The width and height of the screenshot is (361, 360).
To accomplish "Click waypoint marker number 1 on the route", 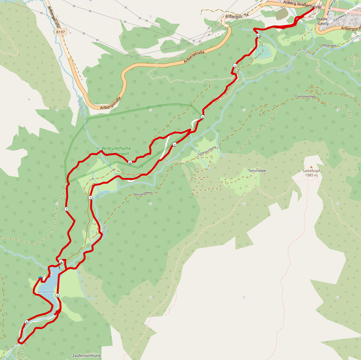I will tap(235, 65).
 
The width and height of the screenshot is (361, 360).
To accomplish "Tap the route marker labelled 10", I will tap(258, 36).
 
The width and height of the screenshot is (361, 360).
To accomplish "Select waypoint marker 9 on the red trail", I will tap(202, 117).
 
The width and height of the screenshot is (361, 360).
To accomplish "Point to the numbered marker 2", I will tap(175, 145).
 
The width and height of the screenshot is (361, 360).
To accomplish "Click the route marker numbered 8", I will tap(130, 163).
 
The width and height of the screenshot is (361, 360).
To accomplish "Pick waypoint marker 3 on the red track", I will tap(91, 198).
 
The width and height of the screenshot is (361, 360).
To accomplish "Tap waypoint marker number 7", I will tap(66, 209).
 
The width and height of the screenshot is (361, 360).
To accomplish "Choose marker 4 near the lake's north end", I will tap(61, 262).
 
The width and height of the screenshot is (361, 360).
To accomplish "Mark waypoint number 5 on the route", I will tap(26, 322).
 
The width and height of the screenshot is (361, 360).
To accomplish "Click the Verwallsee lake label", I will tap(46, 292).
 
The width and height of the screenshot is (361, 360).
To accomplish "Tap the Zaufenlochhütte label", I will tap(87, 355).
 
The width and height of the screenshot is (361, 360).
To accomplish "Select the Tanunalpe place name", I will tap(257, 171).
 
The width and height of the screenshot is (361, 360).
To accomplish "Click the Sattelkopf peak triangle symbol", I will tap(311, 167).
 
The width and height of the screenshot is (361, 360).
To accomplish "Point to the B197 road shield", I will tap(61, 32).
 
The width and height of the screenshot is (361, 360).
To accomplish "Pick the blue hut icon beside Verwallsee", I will tap(40, 278).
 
